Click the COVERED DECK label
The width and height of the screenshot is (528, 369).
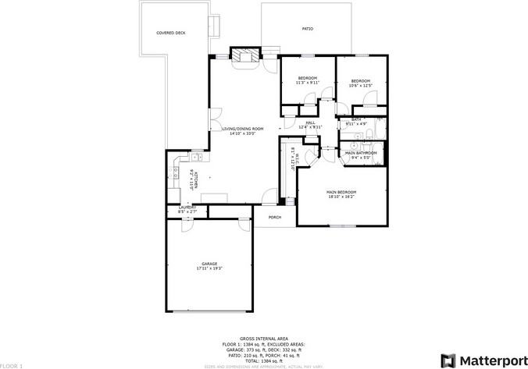[170, 33]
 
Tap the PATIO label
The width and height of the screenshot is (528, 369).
[307, 29]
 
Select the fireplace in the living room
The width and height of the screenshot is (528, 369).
[244, 56]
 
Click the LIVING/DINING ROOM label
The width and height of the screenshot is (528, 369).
[243, 128]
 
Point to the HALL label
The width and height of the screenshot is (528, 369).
[310, 122]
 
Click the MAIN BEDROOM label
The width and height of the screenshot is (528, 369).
[341, 192]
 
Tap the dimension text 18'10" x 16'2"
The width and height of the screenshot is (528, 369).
[341, 197]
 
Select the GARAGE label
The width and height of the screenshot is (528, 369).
[209, 264]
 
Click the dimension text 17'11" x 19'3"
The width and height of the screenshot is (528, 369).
[209, 268]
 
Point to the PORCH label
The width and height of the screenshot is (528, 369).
[274, 217]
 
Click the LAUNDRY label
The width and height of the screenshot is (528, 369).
[187, 207]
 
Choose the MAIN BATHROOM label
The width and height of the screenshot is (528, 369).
[361, 153]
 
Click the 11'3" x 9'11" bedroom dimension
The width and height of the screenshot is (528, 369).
[308, 83]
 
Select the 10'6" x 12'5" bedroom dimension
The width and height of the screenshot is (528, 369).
[360, 86]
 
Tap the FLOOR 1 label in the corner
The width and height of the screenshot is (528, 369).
[11, 365]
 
